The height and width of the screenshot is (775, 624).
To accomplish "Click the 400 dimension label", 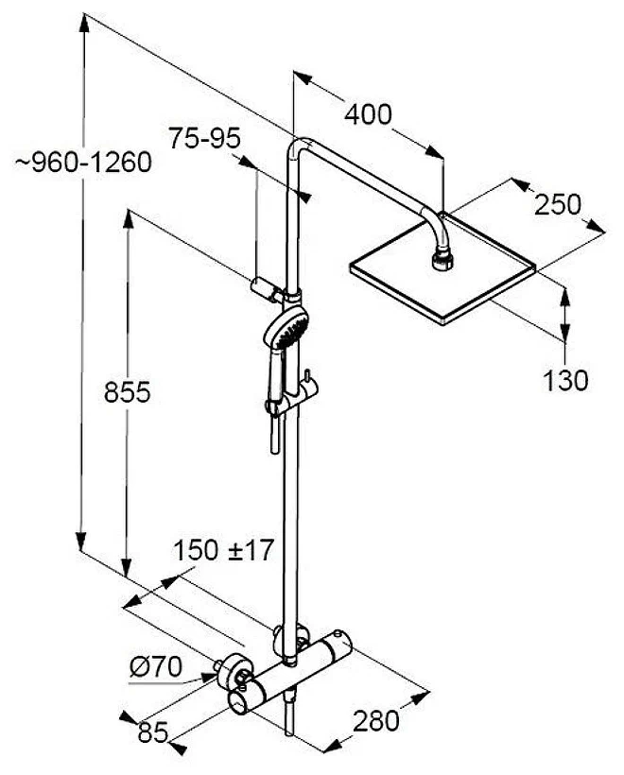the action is (368, 114).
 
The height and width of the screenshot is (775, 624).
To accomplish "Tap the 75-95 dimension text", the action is (204, 138).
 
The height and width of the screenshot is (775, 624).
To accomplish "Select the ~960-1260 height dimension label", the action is (82, 163).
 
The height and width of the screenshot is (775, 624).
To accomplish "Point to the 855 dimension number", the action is (127, 392).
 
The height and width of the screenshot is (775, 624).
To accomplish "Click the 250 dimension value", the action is (557, 205).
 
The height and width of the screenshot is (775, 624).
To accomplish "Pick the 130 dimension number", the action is (565, 381).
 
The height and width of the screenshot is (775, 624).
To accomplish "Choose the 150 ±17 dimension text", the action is (223, 550).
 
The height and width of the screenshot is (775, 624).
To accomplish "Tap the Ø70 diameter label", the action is (156, 667).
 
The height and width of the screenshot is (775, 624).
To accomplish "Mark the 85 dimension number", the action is (153, 732).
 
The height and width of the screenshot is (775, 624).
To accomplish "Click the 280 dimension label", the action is (375, 720).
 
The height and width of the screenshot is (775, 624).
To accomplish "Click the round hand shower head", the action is (286, 326).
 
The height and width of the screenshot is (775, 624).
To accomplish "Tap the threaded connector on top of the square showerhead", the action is (442, 261).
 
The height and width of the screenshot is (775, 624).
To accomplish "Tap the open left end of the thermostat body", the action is (239, 703).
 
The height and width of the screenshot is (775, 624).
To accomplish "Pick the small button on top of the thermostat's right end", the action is (338, 632).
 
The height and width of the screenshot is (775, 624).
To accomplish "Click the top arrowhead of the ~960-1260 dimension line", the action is (84, 22).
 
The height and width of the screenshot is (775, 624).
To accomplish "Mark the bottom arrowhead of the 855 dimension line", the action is (127, 568).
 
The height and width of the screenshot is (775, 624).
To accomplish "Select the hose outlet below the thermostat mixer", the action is (290, 714).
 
